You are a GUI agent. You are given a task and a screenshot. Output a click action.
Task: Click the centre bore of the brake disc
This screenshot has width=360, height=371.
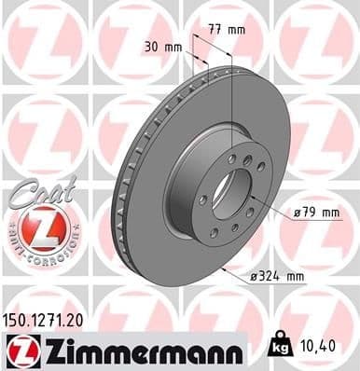point(226,192)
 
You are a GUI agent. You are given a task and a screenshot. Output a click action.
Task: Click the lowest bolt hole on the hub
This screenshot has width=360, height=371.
point(215,232)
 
